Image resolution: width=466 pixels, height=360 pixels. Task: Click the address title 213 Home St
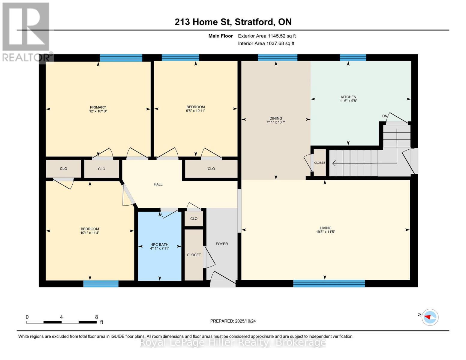coord(233,22)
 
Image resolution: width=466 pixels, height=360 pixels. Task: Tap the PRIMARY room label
coord(98,107)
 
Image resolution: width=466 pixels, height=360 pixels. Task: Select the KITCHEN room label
coord(348,97)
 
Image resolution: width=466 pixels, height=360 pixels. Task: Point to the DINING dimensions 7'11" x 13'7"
coord(275,122)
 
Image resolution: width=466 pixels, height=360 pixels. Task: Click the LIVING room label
coord(325,228)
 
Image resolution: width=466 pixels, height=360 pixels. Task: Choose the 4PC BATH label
coord(159,244)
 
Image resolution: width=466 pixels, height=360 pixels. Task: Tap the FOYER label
coord(222,244)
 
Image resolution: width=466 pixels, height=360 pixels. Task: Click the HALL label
coord(158,184)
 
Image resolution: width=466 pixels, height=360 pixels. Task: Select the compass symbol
coord(430,317)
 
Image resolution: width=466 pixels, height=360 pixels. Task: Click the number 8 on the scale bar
coord(96,317)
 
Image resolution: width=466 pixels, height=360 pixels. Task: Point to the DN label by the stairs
coord(385,116)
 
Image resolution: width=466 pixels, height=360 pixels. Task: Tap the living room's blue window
coord(329,283)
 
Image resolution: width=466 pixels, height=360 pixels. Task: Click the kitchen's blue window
coord(353,58)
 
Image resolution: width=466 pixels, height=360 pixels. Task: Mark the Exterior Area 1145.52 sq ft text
coord(267,36)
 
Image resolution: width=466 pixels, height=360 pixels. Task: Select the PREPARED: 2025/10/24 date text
coord(233,321)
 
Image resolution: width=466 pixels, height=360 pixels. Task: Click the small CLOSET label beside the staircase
coord(320,163)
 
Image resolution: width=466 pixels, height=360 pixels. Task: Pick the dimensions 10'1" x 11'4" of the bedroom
coord(90,233)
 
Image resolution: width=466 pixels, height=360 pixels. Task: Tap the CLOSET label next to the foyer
coord(194,255)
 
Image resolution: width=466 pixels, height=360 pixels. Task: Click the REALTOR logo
coord(26,31)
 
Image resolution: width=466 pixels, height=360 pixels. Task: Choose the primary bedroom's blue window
coord(121,58)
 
